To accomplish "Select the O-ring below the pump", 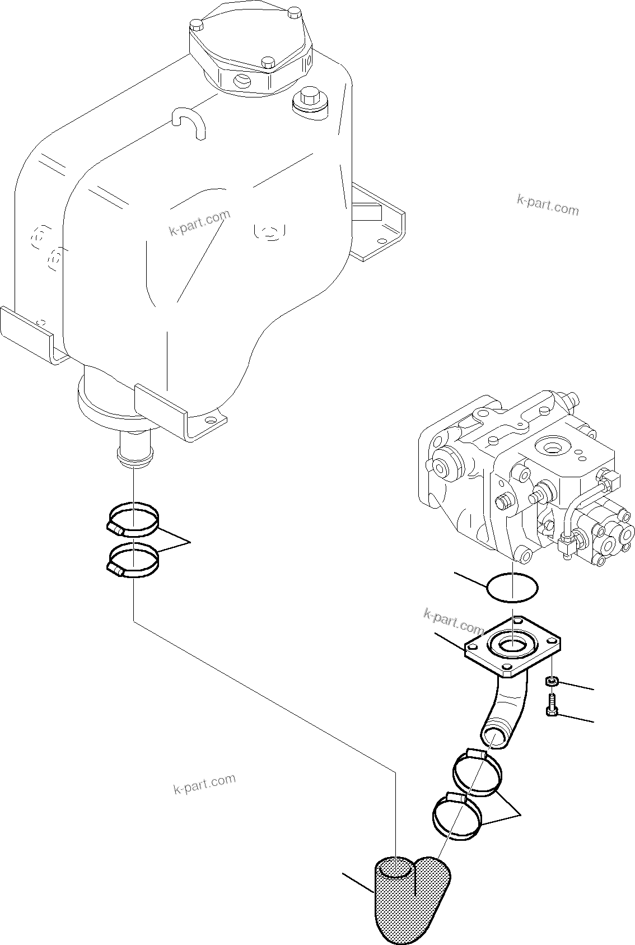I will pyautogui.click(x=512, y=588).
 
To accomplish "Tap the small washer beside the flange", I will pyautogui.click(x=552, y=681).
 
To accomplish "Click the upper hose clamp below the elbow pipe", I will pyautogui.click(x=477, y=774).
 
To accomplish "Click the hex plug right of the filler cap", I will pyautogui.click(x=310, y=103).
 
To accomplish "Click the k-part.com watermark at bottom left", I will pyautogui.click(x=204, y=784).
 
